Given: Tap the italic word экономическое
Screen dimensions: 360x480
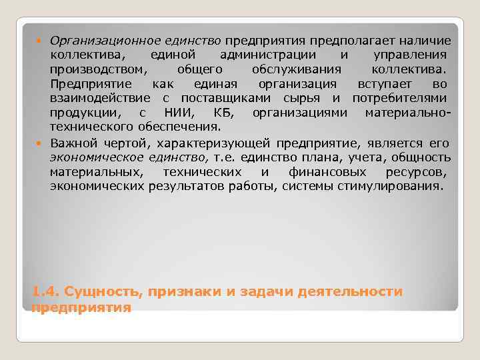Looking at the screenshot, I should point(97,157).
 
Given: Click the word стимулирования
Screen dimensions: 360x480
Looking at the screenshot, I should point(395,186).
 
